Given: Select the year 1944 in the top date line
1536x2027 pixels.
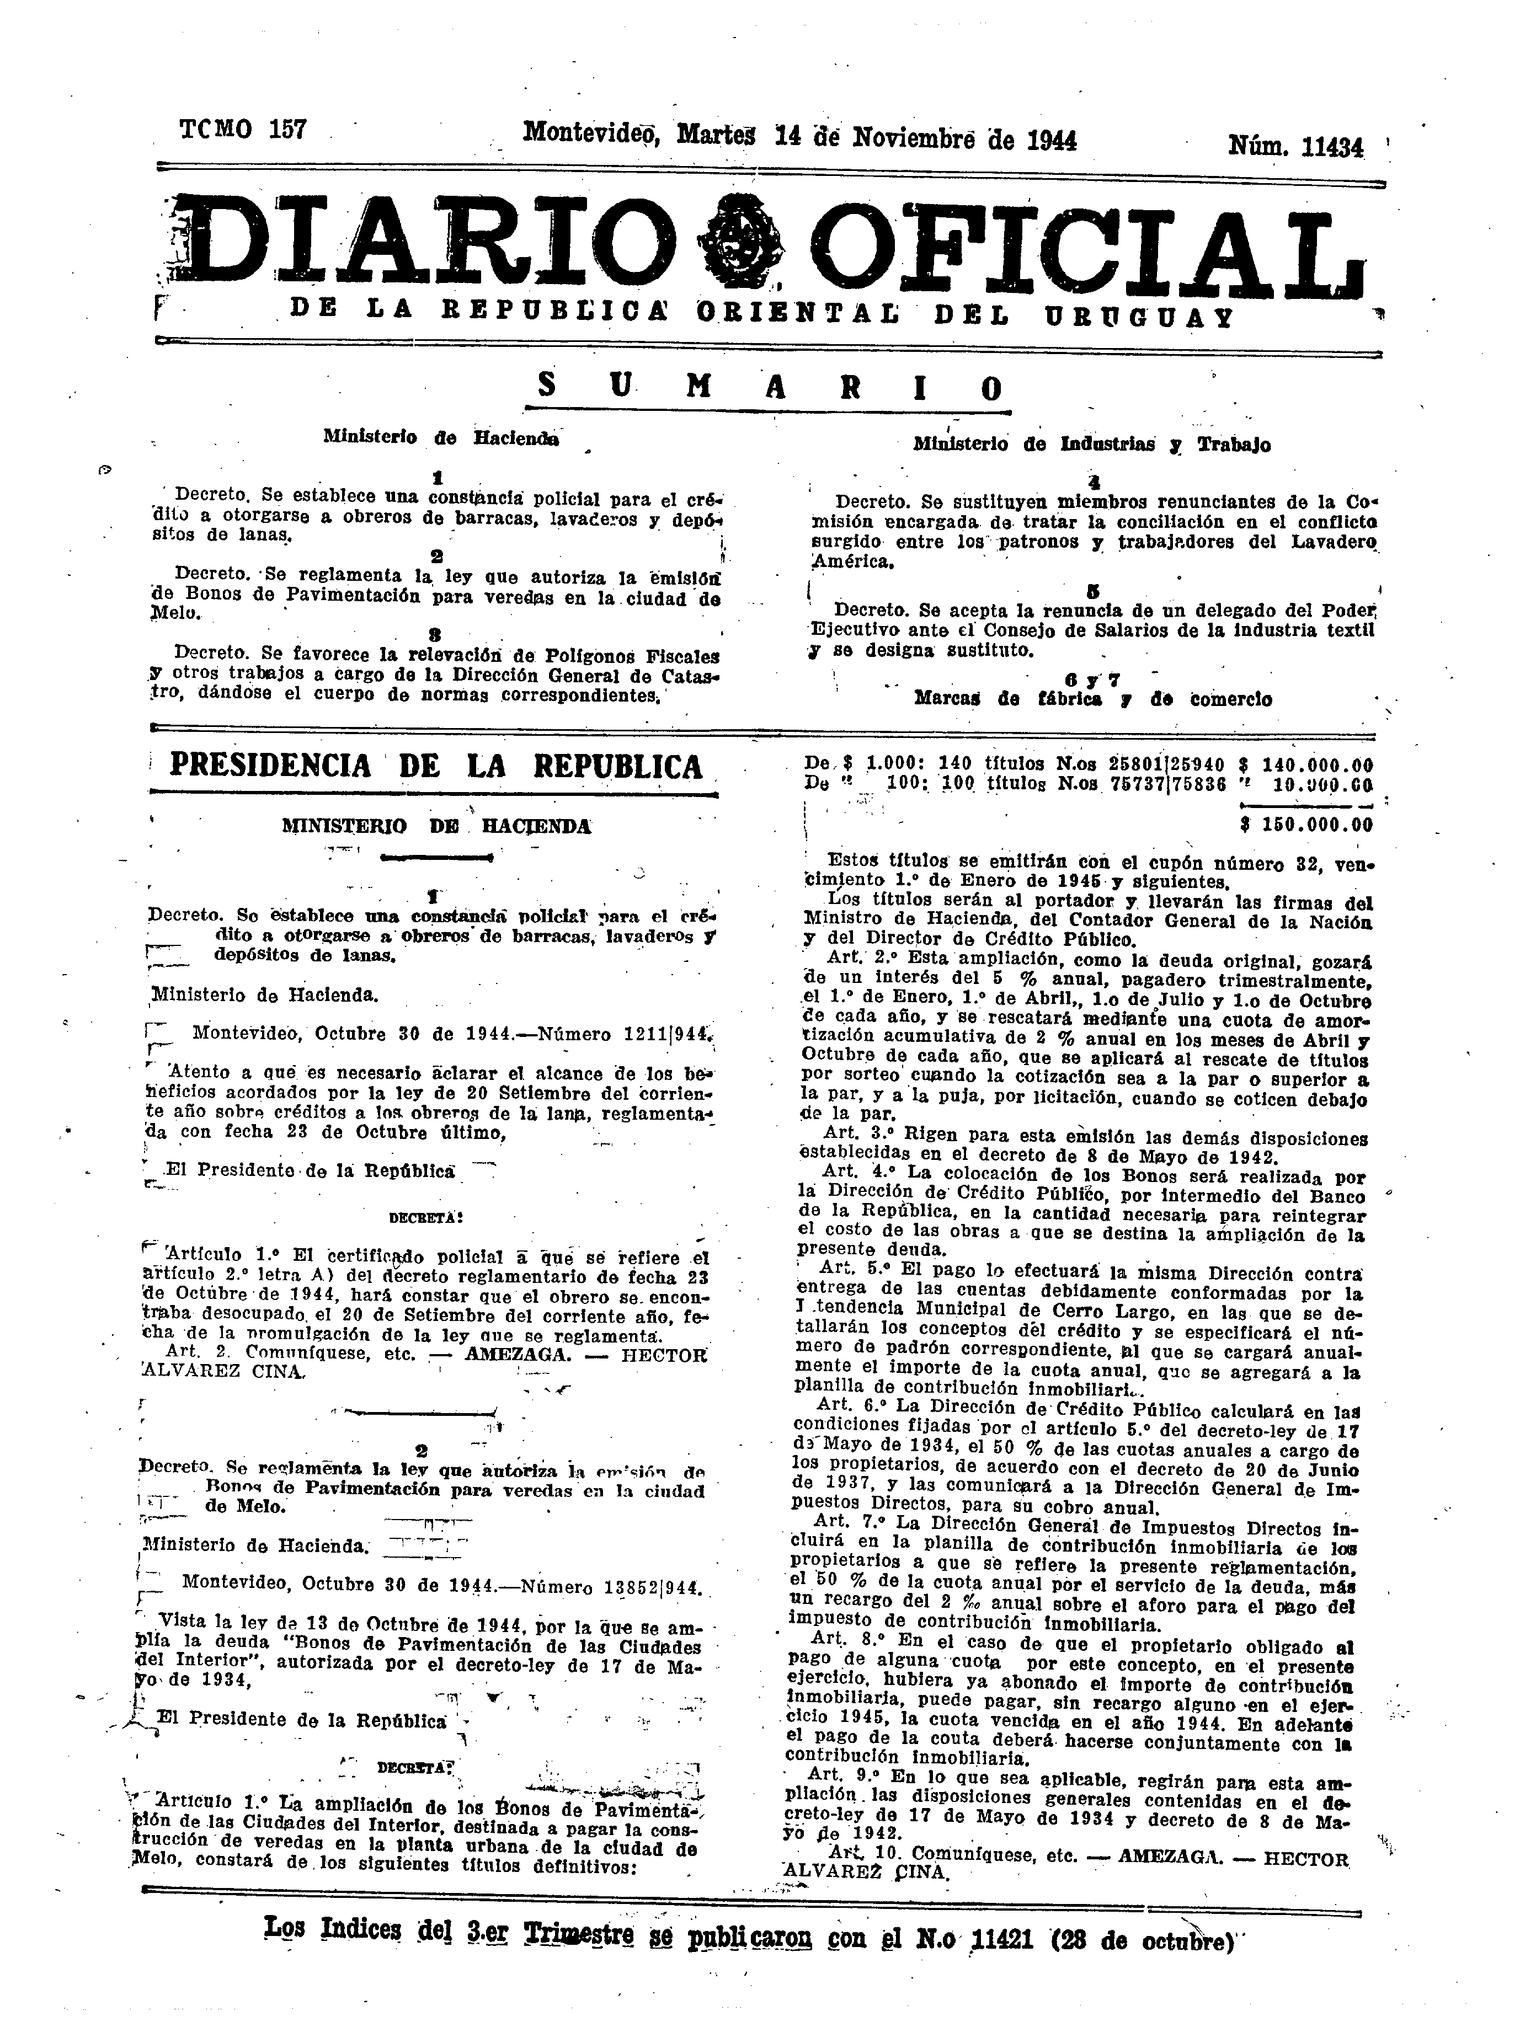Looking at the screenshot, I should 1051,140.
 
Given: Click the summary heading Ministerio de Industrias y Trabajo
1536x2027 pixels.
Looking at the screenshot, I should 1091,445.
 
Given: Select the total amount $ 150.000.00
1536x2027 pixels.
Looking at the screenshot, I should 1305,824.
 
